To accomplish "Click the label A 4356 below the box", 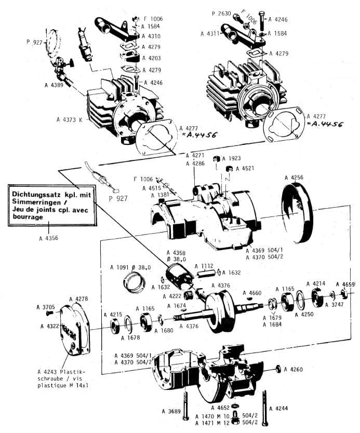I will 48,238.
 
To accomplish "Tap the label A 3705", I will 46,307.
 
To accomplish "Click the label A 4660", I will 255,293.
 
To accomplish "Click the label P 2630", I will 221,12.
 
